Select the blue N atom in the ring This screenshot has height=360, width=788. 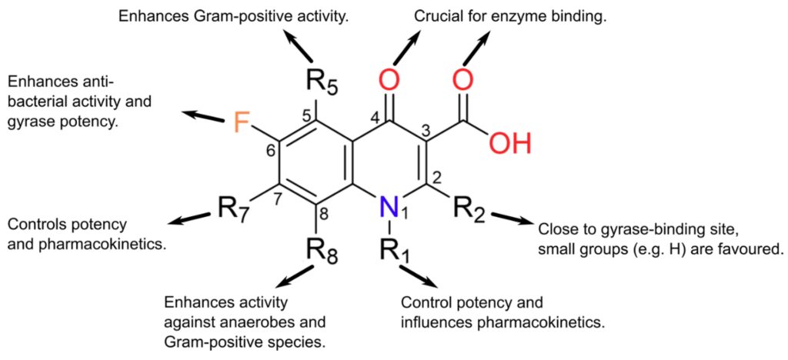pyautogui.click(x=390, y=205)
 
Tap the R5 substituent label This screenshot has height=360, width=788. pyautogui.click(x=322, y=80)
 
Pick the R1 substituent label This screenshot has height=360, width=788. pyautogui.click(x=396, y=251)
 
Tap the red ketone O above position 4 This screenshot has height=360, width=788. pyautogui.click(x=390, y=78)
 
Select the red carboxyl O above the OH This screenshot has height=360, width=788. pyautogui.click(x=462, y=78)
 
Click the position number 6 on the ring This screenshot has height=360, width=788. pyautogui.click(x=270, y=151)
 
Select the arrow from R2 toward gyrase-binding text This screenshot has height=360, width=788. pyautogui.click(x=511, y=219)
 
